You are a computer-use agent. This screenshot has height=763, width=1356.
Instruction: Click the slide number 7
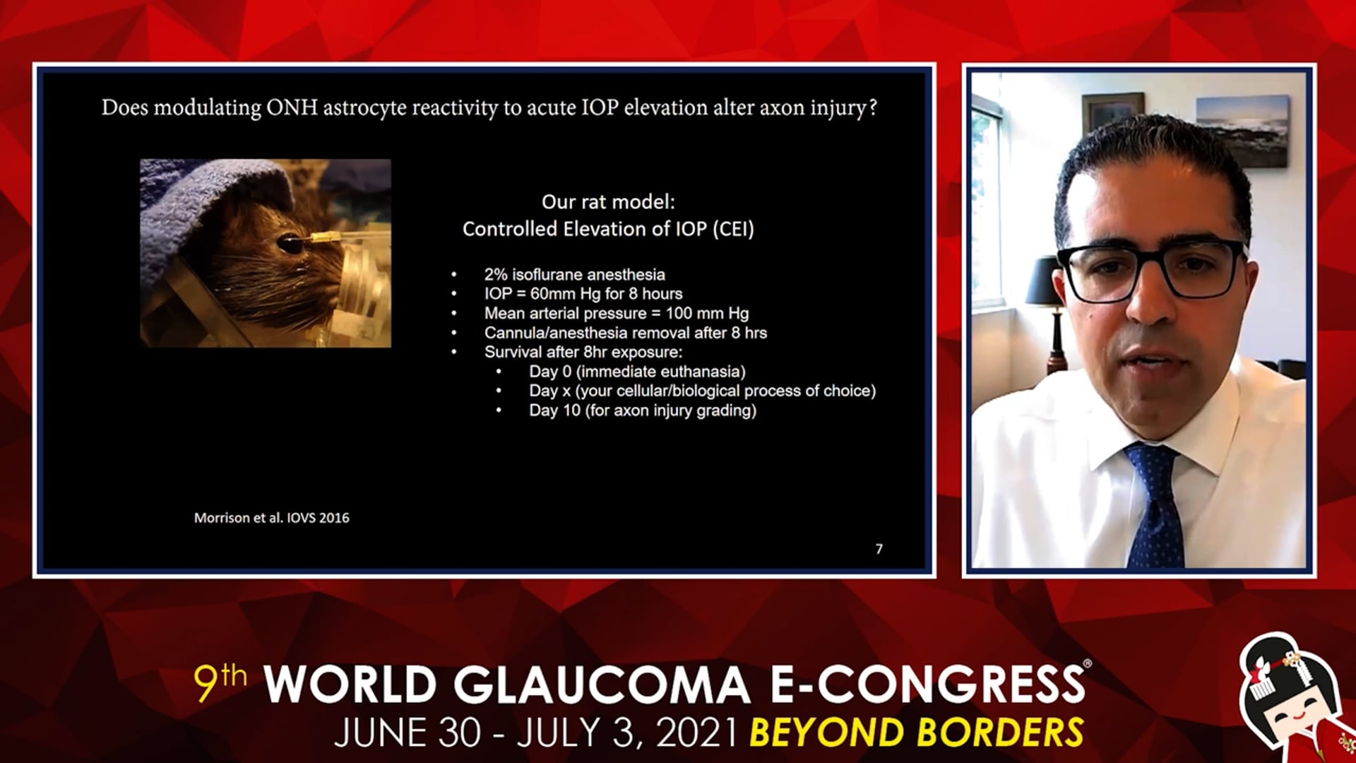point(879,549)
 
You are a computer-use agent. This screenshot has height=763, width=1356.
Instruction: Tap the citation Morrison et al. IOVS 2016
point(272,518)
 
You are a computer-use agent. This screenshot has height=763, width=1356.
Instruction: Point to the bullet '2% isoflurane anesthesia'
point(574,274)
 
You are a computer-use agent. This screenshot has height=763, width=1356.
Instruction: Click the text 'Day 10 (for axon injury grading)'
point(643,410)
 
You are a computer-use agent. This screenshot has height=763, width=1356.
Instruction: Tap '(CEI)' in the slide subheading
point(733,230)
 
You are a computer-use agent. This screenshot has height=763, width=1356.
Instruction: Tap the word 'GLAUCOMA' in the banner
point(601,685)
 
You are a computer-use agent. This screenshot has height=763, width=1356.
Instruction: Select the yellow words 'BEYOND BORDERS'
point(917,732)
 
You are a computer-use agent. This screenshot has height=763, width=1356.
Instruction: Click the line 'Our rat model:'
point(608,202)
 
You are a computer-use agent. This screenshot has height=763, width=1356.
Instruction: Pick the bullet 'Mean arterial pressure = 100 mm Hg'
point(617,313)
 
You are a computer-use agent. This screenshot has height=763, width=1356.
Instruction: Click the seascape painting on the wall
point(1242,131)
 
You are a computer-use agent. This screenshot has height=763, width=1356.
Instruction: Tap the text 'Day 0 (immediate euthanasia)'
point(637,372)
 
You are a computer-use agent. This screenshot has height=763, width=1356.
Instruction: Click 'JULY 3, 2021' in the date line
point(627,733)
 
